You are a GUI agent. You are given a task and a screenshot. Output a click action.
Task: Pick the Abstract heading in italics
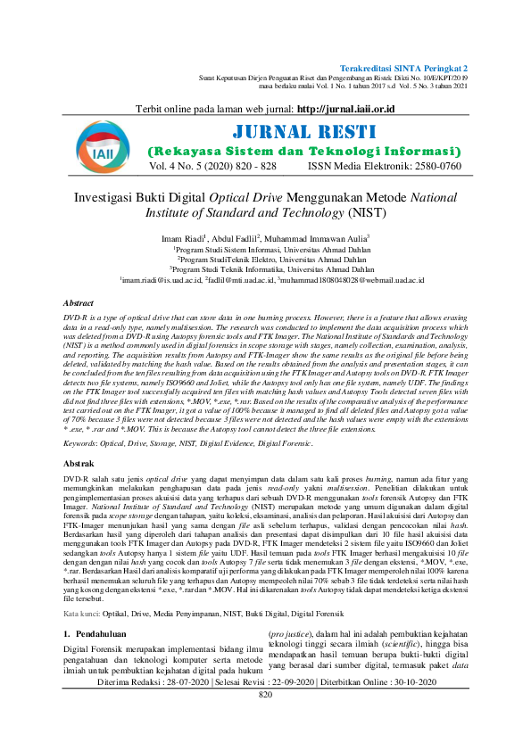click(79, 304)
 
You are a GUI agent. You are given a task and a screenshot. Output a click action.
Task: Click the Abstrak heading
click(79, 465)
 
